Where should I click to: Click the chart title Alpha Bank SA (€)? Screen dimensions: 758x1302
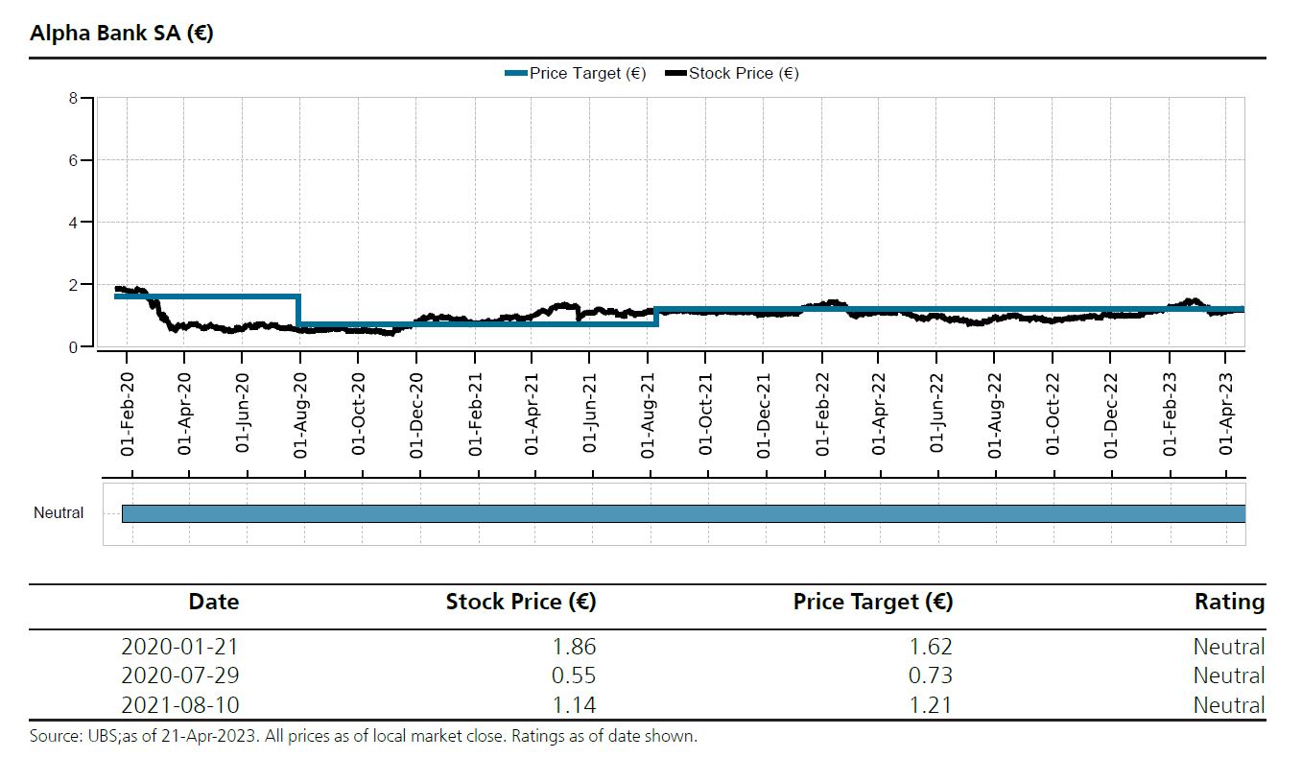122,34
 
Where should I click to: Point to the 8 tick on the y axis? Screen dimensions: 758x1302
73,97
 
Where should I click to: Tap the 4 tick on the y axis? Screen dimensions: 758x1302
73,222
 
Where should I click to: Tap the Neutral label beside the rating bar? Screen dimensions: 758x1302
59,513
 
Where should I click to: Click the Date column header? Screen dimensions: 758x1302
214,603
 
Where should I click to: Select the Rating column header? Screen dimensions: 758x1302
1229,603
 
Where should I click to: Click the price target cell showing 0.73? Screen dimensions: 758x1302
932,675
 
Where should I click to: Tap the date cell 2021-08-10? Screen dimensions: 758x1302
180,705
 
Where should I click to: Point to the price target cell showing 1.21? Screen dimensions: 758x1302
932,705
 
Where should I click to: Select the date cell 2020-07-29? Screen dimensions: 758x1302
180,675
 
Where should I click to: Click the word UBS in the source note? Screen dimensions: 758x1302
101,737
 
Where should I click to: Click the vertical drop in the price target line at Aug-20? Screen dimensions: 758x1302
299,310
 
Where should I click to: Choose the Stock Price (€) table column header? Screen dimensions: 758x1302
521,603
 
